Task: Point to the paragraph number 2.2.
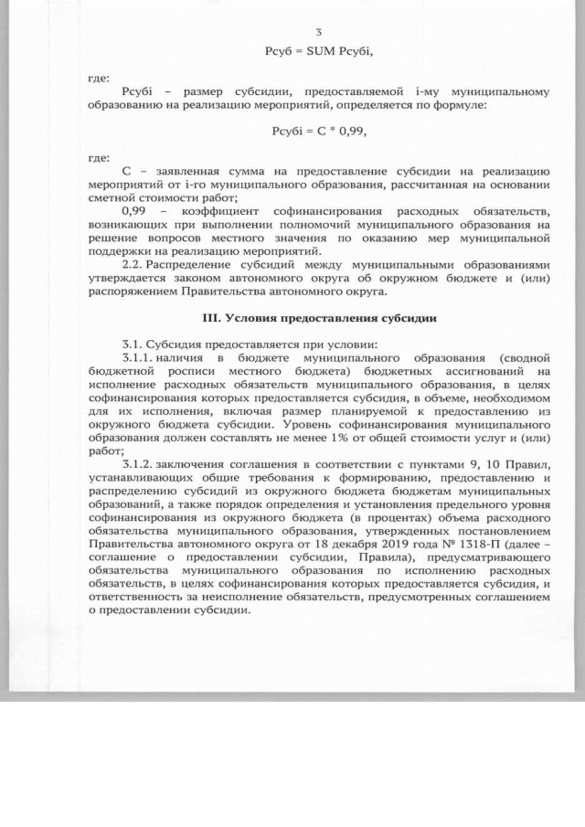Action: coord(134,260)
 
